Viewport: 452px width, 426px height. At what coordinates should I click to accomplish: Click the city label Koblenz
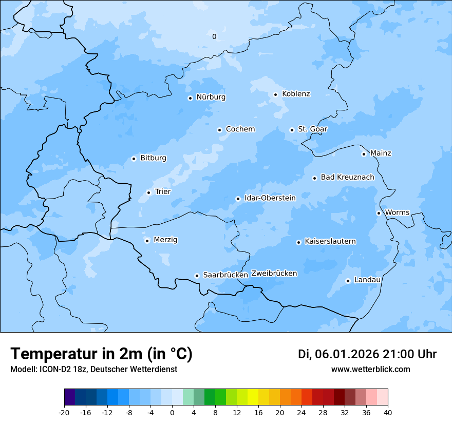point(296,94)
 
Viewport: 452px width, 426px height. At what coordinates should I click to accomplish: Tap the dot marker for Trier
point(148,192)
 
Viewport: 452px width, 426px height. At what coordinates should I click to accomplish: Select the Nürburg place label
point(211,97)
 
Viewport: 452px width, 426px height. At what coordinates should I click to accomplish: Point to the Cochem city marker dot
point(219,130)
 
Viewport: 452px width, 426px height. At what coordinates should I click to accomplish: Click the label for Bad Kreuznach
point(347,177)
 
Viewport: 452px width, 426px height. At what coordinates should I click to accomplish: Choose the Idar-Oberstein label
point(270,198)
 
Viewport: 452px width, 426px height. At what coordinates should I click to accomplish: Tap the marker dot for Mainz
point(364,154)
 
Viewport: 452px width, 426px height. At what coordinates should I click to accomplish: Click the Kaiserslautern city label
point(330,241)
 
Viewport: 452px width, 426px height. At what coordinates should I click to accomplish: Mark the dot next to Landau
point(348,281)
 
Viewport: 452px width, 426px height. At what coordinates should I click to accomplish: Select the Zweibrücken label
point(274,274)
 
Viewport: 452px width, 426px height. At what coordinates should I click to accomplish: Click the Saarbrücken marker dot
point(197,276)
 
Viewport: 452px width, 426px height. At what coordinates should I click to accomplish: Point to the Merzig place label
point(165,240)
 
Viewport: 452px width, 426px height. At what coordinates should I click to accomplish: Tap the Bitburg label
point(153,158)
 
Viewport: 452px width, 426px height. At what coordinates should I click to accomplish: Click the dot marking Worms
point(379,213)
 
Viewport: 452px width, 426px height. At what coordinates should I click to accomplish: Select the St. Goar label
point(312,129)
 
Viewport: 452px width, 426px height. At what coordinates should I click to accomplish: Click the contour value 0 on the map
point(214,36)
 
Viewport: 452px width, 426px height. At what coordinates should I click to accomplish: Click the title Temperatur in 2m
point(101,354)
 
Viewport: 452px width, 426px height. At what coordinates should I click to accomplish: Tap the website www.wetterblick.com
point(370,369)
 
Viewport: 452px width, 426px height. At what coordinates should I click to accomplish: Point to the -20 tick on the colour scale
point(64,412)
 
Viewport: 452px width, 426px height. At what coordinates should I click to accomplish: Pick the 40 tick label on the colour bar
point(388,412)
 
